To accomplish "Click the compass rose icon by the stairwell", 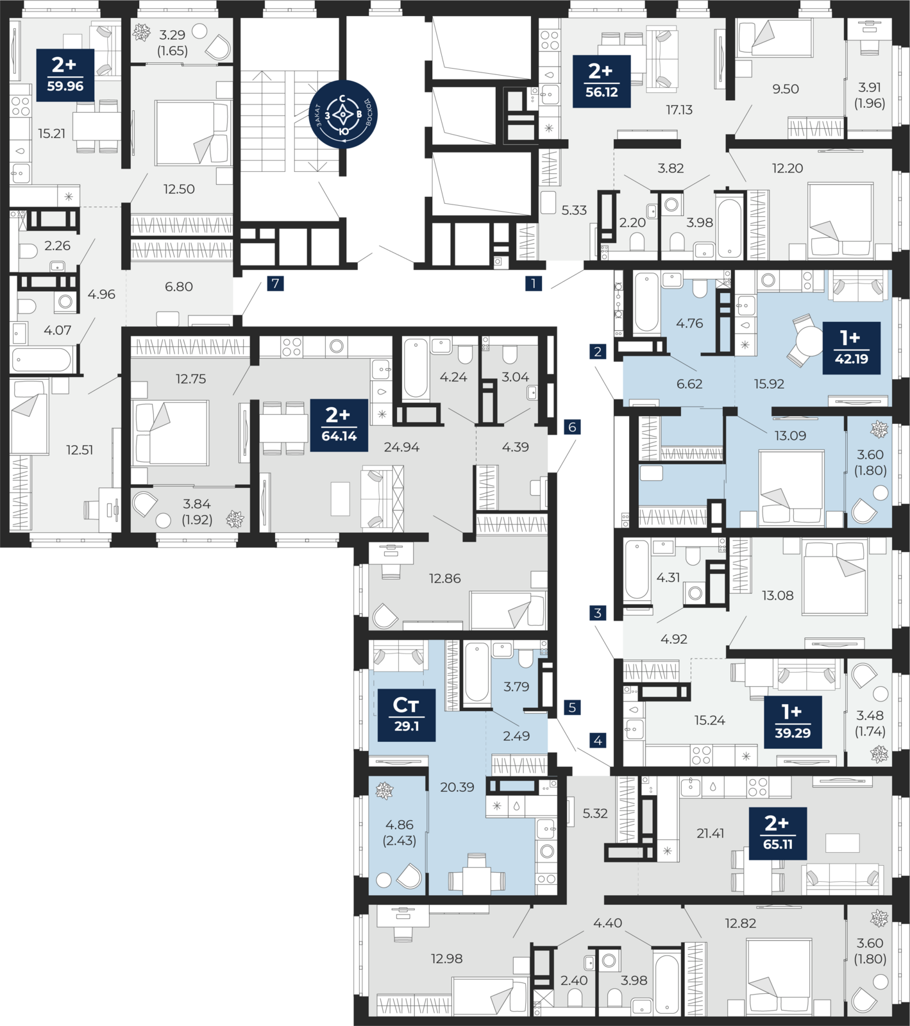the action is pyautogui.click(x=343, y=115).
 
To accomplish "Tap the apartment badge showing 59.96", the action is pyautogui.click(x=65, y=75).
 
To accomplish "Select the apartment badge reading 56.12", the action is pyautogui.click(x=602, y=81).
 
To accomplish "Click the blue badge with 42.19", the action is pyautogui.click(x=851, y=348).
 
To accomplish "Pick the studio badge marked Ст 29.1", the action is pyautogui.click(x=407, y=715).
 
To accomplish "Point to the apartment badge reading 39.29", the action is pyautogui.click(x=793, y=722).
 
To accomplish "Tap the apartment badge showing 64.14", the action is pyautogui.click(x=339, y=425).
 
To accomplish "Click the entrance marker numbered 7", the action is pyautogui.click(x=275, y=283).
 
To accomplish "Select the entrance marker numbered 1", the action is pyautogui.click(x=534, y=283).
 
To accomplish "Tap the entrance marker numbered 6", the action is pyautogui.click(x=573, y=427).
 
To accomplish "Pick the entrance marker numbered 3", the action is pyautogui.click(x=598, y=613).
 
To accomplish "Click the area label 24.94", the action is pyautogui.click(x=401, y=447).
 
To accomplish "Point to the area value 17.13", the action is pyautogui.click(x=679, y=110).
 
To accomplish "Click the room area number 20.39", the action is pyautogui.click(x=457, y=787).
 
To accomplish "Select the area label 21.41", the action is pyautogui.click(x=711, y=834).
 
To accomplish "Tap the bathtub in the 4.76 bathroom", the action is pyautogui.click(x=646, y=302).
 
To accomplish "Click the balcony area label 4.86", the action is pyautogui.click(x=400, y=825).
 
